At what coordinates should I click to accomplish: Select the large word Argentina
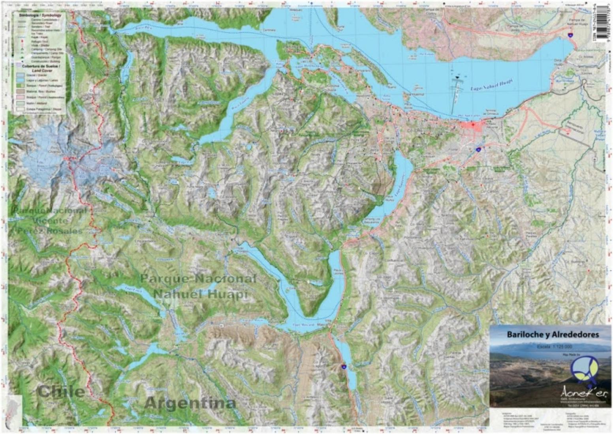click(190, 403)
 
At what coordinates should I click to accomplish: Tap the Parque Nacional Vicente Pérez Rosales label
click(49, 221)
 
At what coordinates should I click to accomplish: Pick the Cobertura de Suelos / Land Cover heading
click(39, 68)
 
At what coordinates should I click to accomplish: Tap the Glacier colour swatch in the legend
click(19, 75)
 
